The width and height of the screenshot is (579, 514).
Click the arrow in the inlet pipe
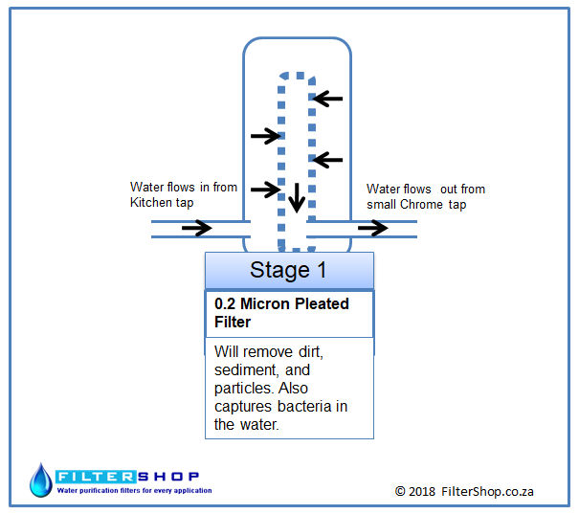pyautogui.click(x=197, y=228)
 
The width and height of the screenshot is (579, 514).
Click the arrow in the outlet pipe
pyautogui.click(x=373, y=228)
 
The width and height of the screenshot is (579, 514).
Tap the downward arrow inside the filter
pyautogui.click(x=297, y=198)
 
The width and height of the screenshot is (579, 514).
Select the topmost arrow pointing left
pyautogui.click(x=327, y=99)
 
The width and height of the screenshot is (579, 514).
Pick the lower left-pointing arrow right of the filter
pyautogui.click(x=327, y=160)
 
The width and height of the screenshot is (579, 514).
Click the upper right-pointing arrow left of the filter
pyautogui.click(x=266, y=136)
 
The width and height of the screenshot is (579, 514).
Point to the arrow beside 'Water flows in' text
pyautogui.click(x=266, y=190)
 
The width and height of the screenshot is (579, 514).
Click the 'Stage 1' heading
pyautogui.click(x=288, y=270)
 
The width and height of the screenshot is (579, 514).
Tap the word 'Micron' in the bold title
pyautogui.click(x=265, y=303)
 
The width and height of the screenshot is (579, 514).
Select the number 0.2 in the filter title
pyautogui.click(x=225, y=303)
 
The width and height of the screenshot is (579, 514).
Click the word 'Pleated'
pyautogui.click(x=322, y=303)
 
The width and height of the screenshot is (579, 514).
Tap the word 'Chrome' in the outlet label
pyautogui.click(x=421, y=204)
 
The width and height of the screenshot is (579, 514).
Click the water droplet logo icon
pyautogui.click(x=41, y=480)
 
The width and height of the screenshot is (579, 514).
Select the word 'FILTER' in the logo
pyautogui.click(x=96, y=477)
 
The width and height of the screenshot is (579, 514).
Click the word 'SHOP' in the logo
pyautogui.click(x=168, y=477)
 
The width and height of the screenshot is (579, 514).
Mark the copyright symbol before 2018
pyautogui.click(x=400, y=491)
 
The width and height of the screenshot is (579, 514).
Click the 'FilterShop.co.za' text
pyautogui.click(x=487, y=491)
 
